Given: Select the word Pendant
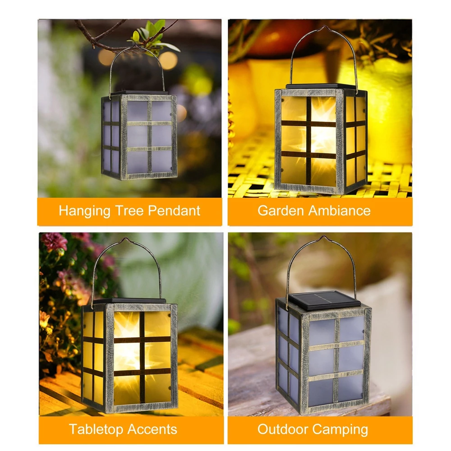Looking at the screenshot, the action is coord(174,210).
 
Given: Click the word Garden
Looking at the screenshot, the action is coord(281,210).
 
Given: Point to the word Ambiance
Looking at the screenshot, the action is coord(340,210).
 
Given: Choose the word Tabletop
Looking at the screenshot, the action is coord(96,430).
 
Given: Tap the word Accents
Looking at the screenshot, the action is coord(152,429).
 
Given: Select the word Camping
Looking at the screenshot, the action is coord(340,430).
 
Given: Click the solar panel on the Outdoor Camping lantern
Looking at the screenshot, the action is coord(324,300).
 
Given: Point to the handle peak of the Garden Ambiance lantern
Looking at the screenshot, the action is coord(325,27).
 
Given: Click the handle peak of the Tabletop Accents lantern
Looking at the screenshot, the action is coord(126,239).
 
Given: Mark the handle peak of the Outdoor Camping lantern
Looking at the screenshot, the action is coord(324,237).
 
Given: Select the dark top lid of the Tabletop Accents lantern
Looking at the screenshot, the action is coord(130,301).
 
